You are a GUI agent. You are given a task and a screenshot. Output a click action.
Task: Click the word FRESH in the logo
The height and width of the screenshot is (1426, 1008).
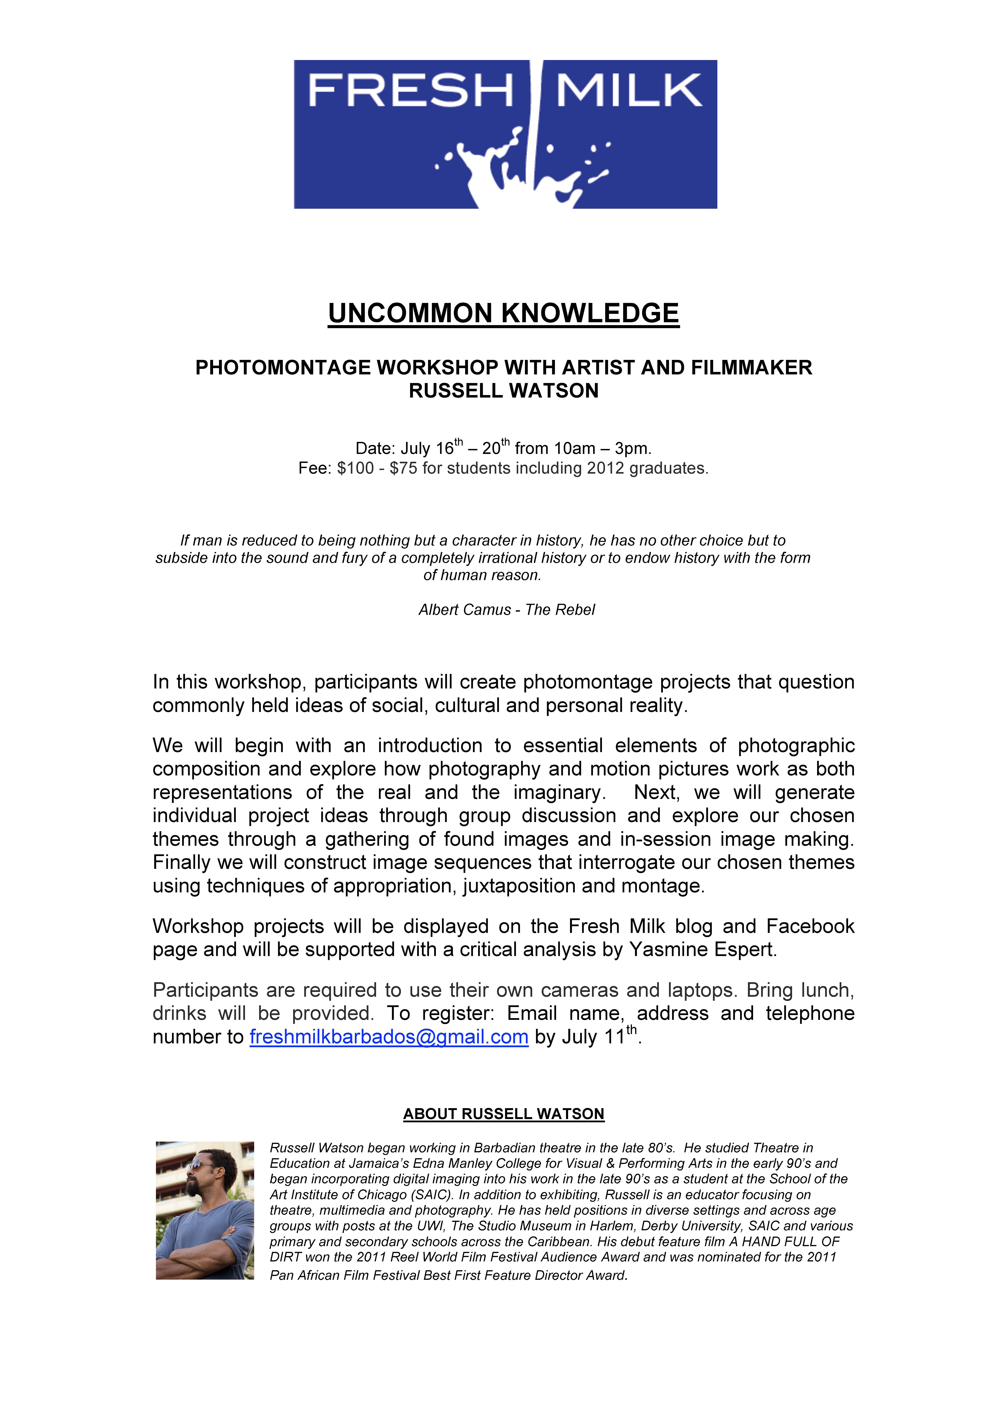pyautogui.click(x=410, y=91)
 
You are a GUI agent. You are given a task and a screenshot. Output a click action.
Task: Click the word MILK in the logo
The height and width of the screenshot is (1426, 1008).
pyautogui.click(x=628, y=91)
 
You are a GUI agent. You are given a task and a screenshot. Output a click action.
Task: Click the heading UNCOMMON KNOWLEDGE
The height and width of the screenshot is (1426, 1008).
pyautogui.click(x=504, y=314)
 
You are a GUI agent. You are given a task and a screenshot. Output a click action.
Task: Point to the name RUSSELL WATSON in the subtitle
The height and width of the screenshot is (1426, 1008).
pyautogui.click(x=504, y=391)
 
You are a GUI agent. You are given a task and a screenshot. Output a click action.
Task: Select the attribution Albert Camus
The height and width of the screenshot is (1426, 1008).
pyautogui.click(x=465, y=610)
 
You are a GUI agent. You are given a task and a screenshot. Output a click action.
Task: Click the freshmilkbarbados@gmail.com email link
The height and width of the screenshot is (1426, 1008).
pyautogui.click(x=389, y=1037)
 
